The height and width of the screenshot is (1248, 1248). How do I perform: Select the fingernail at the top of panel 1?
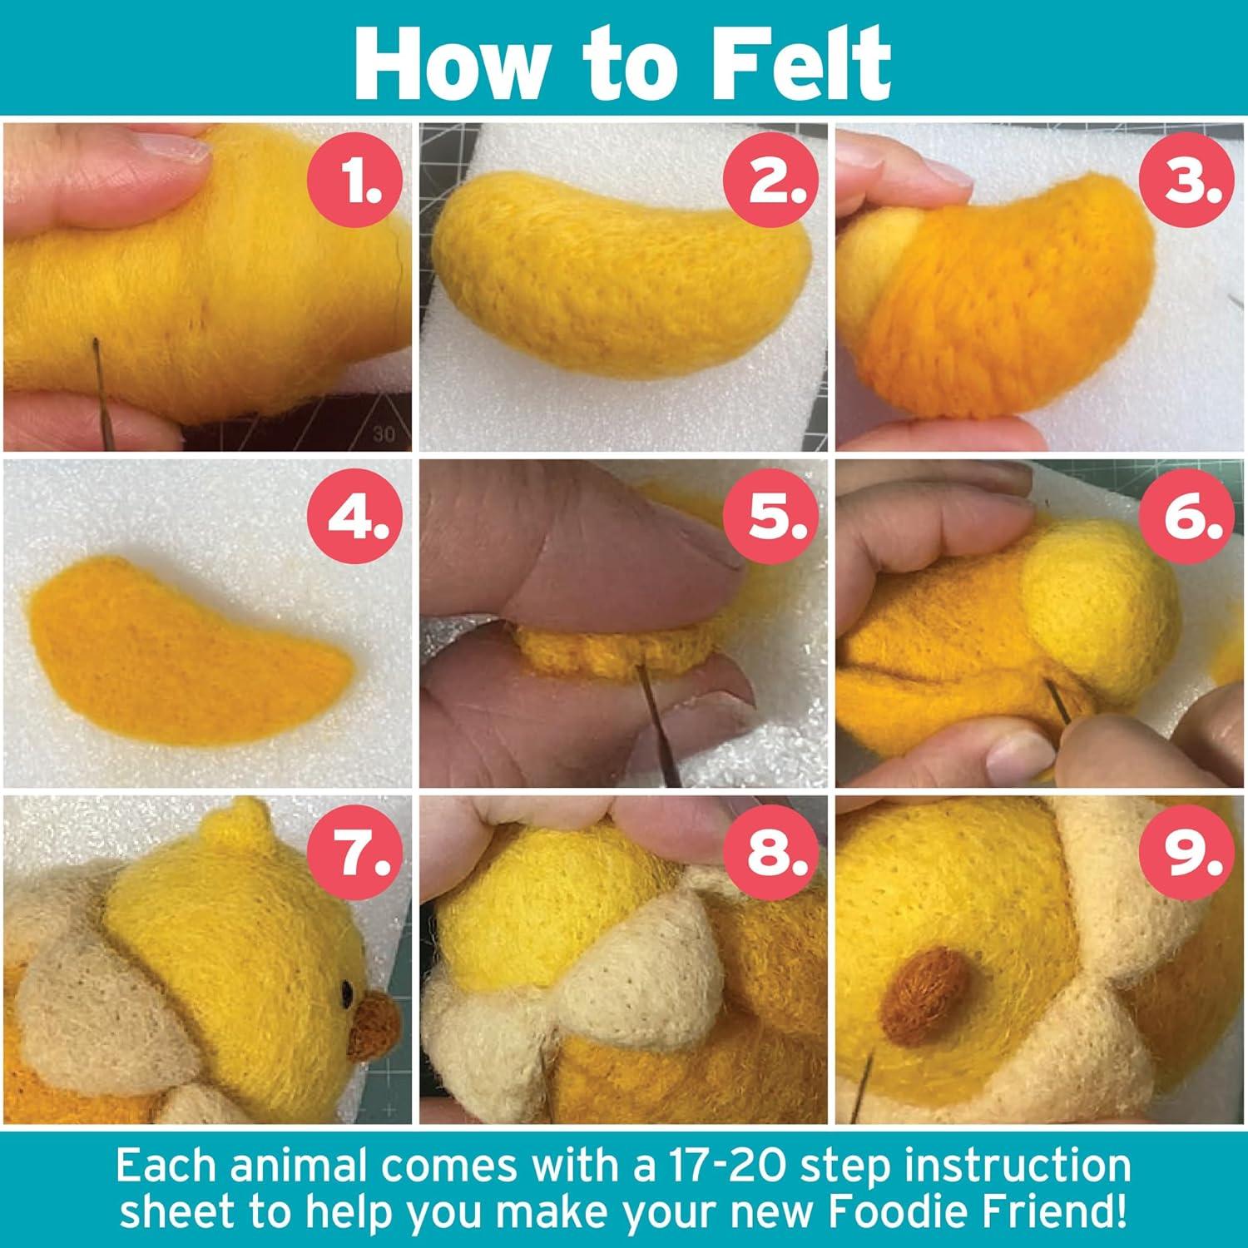tap(171, 151)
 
